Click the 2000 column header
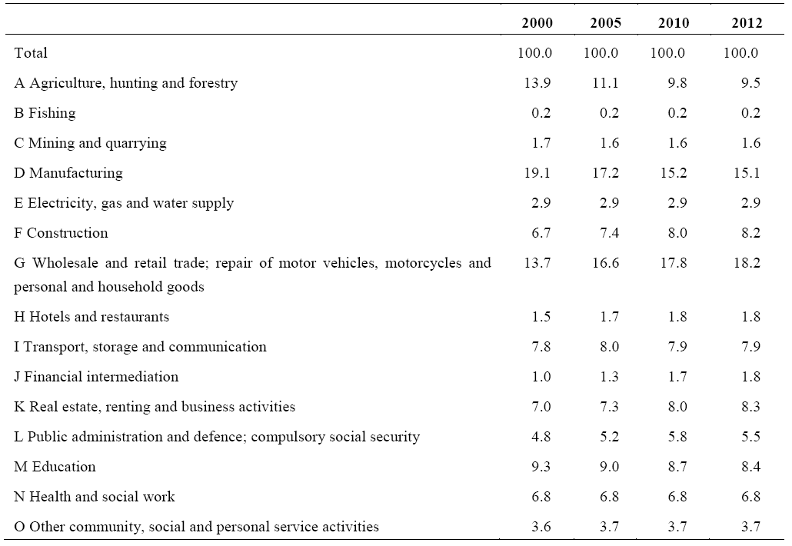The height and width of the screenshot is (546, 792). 537,23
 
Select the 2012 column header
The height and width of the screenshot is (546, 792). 747,23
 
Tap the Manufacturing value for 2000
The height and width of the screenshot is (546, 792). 537,173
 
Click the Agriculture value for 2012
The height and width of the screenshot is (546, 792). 750,83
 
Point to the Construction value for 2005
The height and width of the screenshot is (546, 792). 609,233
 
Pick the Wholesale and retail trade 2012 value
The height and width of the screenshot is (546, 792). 747,263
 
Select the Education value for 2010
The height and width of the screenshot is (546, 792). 677,466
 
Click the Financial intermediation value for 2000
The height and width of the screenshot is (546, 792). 541,376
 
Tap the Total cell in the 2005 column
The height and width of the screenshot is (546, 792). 601,52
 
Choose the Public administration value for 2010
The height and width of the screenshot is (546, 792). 677,436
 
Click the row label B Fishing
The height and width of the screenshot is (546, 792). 45,112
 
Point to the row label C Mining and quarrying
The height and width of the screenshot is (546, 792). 91,144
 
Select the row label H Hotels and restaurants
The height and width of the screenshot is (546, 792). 92,317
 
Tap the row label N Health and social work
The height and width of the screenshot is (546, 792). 95,497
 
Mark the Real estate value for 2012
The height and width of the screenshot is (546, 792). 750,407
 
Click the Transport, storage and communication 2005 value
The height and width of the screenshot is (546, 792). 609,347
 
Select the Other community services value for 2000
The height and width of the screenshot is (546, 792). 541,526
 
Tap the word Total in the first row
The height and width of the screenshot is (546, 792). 31,52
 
